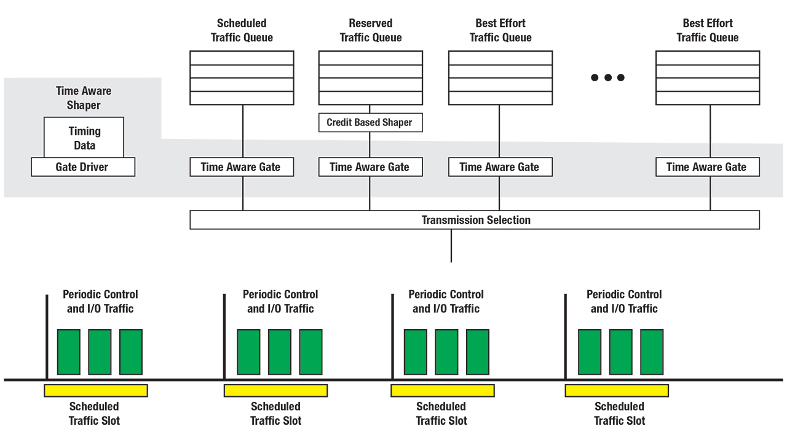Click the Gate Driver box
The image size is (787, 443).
click(x=83, y=167)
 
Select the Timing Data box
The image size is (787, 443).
click(x=84, y=138)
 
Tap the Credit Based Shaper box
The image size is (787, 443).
click(x=370, y=122)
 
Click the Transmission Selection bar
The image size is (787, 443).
click(x=475, y=220)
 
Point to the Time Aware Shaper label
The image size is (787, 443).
click(x=84, y=98)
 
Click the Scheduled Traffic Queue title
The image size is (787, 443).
click(x=242, y=30)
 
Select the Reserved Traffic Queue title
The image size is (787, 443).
click(x=371, y=30)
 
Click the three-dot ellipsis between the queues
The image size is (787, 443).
click(x=607, y=78)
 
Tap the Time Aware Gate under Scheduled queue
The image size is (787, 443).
click(x=242, y=167)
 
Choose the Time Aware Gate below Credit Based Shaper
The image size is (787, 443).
click(x=370, y=167)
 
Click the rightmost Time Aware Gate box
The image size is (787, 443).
click(x=707, y=167)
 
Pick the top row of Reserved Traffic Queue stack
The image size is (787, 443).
click(x=370, y=57)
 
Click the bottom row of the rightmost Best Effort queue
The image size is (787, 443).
click(x=707, y=98)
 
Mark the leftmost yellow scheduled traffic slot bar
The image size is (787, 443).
click(x=96, y=390)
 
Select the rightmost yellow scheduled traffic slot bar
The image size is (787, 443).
click(x=617, y=390)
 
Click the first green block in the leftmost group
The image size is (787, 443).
click(x=69, y=352)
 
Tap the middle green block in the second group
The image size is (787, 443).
click(x=280, y=352)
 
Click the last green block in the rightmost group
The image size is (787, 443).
click(x=652, y=352)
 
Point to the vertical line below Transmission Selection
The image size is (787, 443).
click(x=451, y=245)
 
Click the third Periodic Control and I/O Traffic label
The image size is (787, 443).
click(x=446, y=301)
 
